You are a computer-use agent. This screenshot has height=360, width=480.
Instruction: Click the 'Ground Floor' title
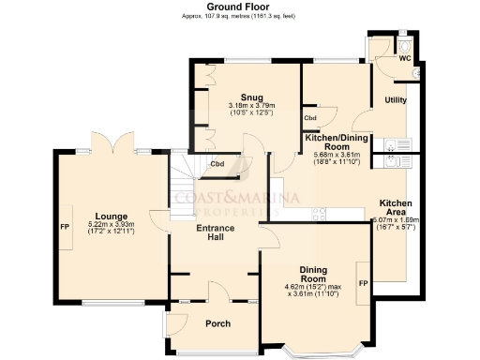coord(240,7)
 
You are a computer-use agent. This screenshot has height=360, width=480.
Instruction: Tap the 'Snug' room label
coord(250,97)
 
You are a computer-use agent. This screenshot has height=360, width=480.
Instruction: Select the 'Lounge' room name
coord(111,216)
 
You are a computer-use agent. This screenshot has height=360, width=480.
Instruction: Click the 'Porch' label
coord(217,323)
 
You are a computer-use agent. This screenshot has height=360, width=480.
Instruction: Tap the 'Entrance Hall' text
coord(215,233)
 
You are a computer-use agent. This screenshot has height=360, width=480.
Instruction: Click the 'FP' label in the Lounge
coord(65,228)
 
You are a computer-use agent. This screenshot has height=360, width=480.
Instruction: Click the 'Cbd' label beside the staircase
coord(217,165)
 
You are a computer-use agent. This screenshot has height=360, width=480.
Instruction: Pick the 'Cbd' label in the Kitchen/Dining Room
coord(308,119)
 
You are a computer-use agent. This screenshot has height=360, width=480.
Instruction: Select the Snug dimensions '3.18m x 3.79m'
coord(250,106)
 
